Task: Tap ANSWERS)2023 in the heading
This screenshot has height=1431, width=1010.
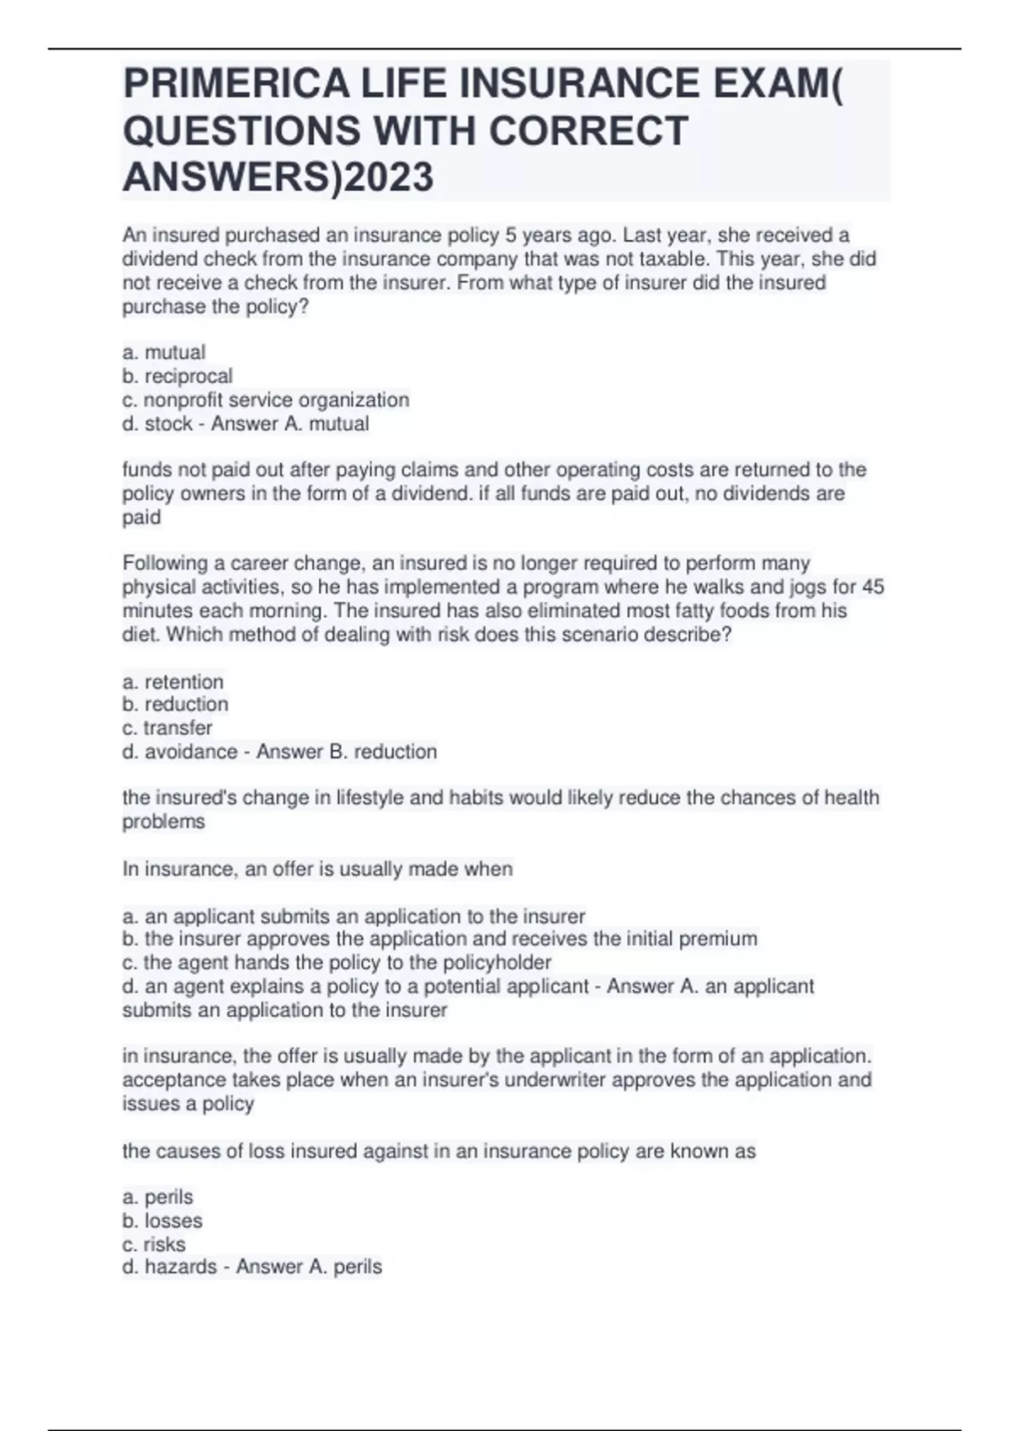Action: pos(278,177)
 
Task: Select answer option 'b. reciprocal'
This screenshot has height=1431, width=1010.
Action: pos(178,376)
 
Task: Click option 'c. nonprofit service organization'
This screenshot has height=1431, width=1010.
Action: pos(266,400)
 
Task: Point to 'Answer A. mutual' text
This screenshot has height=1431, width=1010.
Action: pos(290,423)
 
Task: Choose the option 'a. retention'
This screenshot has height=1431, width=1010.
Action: pos(173,682)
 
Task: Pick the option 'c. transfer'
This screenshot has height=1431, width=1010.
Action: pos(167,728)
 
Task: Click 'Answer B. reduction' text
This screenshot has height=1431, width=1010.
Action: pos(347,752)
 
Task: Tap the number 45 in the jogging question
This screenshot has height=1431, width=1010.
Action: pos(873,587)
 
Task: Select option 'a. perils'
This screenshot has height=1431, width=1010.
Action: pos(158,1197)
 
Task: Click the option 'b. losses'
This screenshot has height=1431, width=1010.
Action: pos(162,1221)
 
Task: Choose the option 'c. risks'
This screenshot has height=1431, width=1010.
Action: pos(154,1244)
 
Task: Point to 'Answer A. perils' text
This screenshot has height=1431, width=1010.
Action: pos(309,1267)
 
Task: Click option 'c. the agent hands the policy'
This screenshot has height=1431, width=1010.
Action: pos(337,962)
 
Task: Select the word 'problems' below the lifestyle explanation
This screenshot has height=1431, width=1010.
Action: pos(163,822)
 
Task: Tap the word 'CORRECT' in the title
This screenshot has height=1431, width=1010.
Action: pos(587,131)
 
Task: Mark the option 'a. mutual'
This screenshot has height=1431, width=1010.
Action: pos(164,353)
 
